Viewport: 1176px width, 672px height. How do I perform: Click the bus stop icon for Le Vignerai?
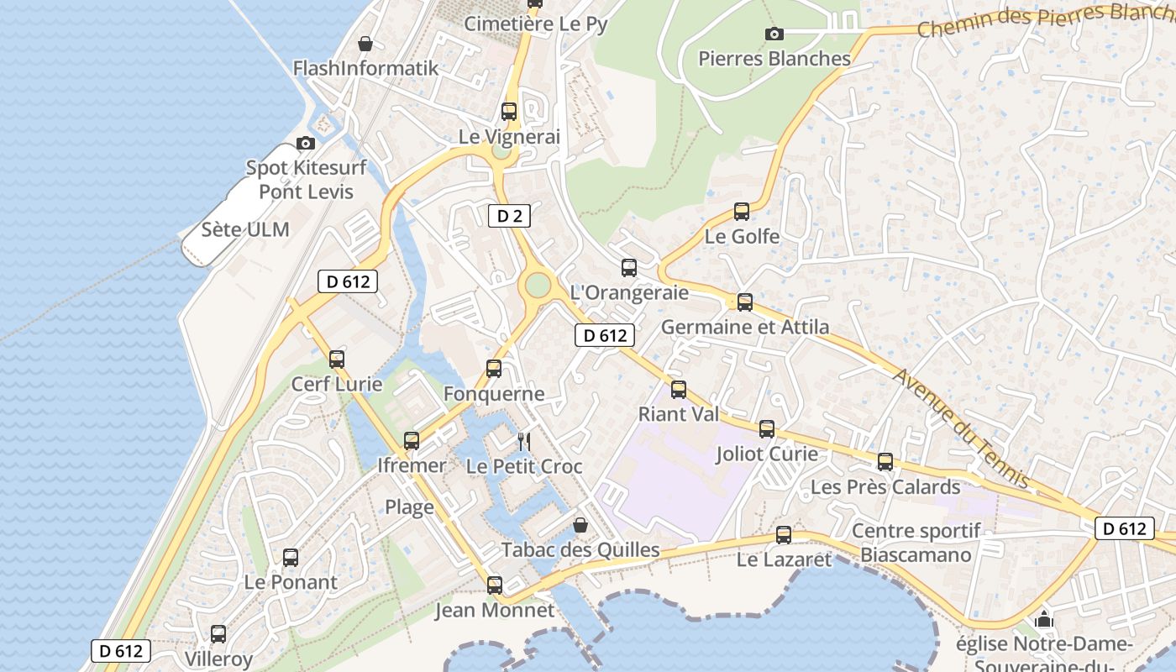[508, 111]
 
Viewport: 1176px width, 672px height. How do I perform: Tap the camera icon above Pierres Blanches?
[774, 34]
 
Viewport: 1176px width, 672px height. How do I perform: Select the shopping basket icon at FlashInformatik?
[365, 43]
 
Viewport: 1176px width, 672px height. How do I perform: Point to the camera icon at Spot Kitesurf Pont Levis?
[306, 143]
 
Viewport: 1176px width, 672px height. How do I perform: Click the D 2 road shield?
[509, 216]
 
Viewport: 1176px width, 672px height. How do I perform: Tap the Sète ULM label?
[245, 229]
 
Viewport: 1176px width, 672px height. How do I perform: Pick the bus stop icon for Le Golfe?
[741, 212]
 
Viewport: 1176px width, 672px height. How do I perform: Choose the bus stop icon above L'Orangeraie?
[629, 268]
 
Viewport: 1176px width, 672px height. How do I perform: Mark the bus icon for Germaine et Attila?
[744, 302]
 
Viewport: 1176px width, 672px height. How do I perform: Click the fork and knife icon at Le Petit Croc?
[524, 441]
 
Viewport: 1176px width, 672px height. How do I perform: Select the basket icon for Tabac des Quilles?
[580, 526]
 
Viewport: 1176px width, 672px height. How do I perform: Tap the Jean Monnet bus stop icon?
[495, 585]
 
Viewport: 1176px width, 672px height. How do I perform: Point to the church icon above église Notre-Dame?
[1044, 620]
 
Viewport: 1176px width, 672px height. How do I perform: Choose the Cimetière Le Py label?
[536, 24]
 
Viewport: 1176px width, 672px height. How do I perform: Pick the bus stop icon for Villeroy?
[218, 634]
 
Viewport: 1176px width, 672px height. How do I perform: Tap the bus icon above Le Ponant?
[291, 557]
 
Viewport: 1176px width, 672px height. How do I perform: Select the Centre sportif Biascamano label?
[916, 543]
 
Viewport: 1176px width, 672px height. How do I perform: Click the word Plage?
[409, 507]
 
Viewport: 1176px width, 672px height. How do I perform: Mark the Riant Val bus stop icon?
[679, 390]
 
